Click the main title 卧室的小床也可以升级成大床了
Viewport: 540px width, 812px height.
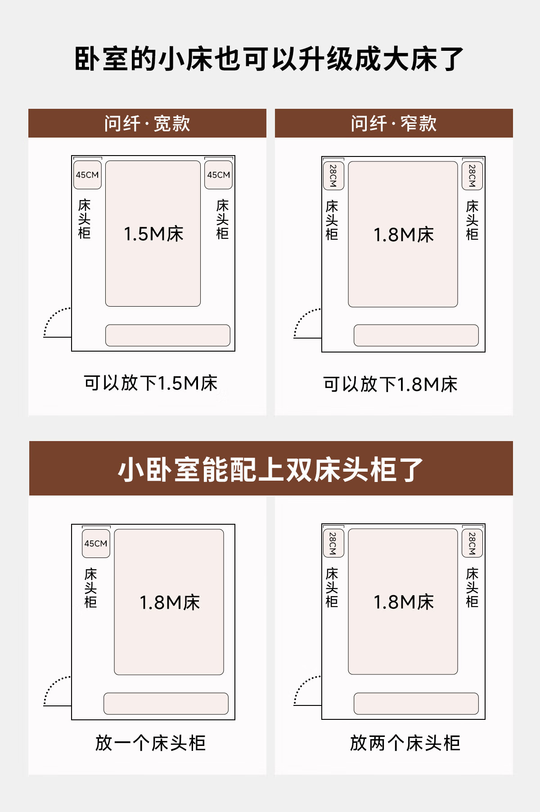pyautogui.click(x=269, y=59)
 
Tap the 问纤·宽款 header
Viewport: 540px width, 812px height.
pyautogui.click(x=147, y=124)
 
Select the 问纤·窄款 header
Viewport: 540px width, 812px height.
pyautogui.click(x=394, y=124)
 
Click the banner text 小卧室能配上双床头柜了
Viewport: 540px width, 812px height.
pyautogui.click(x=270, y=470)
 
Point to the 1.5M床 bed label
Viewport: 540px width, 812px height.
pyautogui.click(x=153, y=234)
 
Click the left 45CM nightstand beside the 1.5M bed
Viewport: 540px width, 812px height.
pyautogui.click(x=87, y=174)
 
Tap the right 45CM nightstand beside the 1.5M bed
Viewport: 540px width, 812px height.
pyautogui.click(x=219, y=174)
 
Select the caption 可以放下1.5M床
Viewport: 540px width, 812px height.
pyautogui.click(x=151, y=384)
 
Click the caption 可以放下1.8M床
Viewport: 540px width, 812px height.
pyautogui.click(x=391, y=384)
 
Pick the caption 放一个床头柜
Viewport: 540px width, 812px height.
pyautogui.click(x=151, y=743)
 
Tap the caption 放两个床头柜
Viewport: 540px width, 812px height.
pyautogui.click(x=405, y=743)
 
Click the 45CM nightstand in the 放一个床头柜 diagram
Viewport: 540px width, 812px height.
pyautogui.click(x=96, y=543)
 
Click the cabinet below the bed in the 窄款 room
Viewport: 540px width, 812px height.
pyautogui.click(x=416, y=335)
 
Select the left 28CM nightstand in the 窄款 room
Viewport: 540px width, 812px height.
pyautogui.click(x=333, y=175)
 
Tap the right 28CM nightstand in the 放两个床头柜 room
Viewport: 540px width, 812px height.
pyautogui.click(x=472, y=543)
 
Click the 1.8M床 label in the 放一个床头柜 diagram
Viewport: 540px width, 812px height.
pyautogui.click(x=170, y=602)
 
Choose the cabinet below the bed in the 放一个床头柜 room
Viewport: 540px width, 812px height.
pyautogui.click(x=166, y=704)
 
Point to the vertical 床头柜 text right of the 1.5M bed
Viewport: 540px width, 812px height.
pyautogui.click(x=223, y=219)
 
